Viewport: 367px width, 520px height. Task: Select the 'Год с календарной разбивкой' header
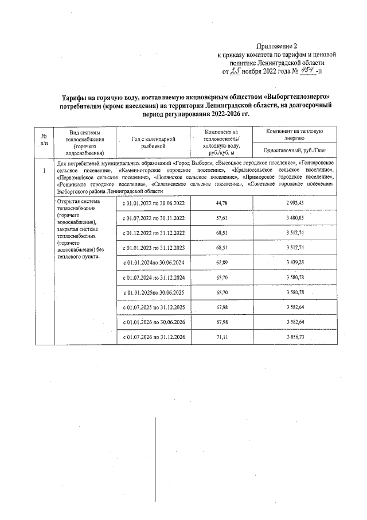pyautogui.click(x=153, y=142)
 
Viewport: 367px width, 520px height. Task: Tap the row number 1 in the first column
pyautogui.click(x=44, y=171)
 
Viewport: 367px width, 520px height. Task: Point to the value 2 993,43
pyautogui.click(x=294, y=204)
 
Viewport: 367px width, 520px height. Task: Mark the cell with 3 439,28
pyautogui.click(x=294, y=263)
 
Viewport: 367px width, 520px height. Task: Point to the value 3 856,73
pyautogui.click(x=294, y=336)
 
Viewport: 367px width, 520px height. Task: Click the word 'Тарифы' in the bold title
pyautogui.click(x=76, y=98)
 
